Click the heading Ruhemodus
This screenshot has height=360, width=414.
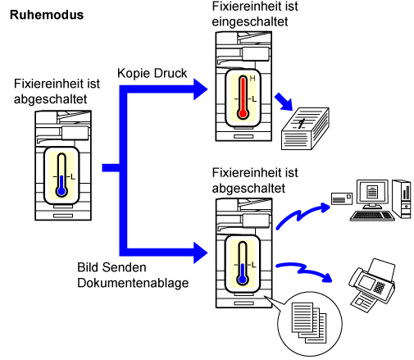click(x=47, y=15)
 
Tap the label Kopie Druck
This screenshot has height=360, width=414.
click(x=152, y=73)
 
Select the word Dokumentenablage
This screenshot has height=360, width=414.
click(x=133, y=283)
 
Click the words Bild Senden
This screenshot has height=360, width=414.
click(x=111, y=267)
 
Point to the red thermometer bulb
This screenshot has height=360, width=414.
click(x=243, y=113)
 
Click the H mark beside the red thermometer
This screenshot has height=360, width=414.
click(x=252, y=79)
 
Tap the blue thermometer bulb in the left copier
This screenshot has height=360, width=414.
click(x=61, y=191)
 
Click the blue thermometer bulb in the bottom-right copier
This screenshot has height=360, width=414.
click(x=243, y=280)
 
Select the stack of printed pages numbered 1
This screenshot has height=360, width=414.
click(x=305, y=129)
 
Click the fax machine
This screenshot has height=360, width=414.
click(x=372, y=285)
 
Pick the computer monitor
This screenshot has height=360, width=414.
click(x=372, y=194)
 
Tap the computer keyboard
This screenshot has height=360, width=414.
click(x=372, y=216)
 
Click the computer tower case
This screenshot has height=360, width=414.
click(x=401, y=198)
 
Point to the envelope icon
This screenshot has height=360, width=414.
click(x=342, y=198)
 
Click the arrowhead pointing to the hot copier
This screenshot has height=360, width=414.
click(x=201, y=89)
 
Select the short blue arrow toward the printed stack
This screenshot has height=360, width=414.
click(x=284, y=102)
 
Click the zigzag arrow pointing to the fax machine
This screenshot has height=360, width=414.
click(x=304, y=271)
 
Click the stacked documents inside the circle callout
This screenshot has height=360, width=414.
click(x=309, y=322)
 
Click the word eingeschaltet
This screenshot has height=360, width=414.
click(x=250, y=21)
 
